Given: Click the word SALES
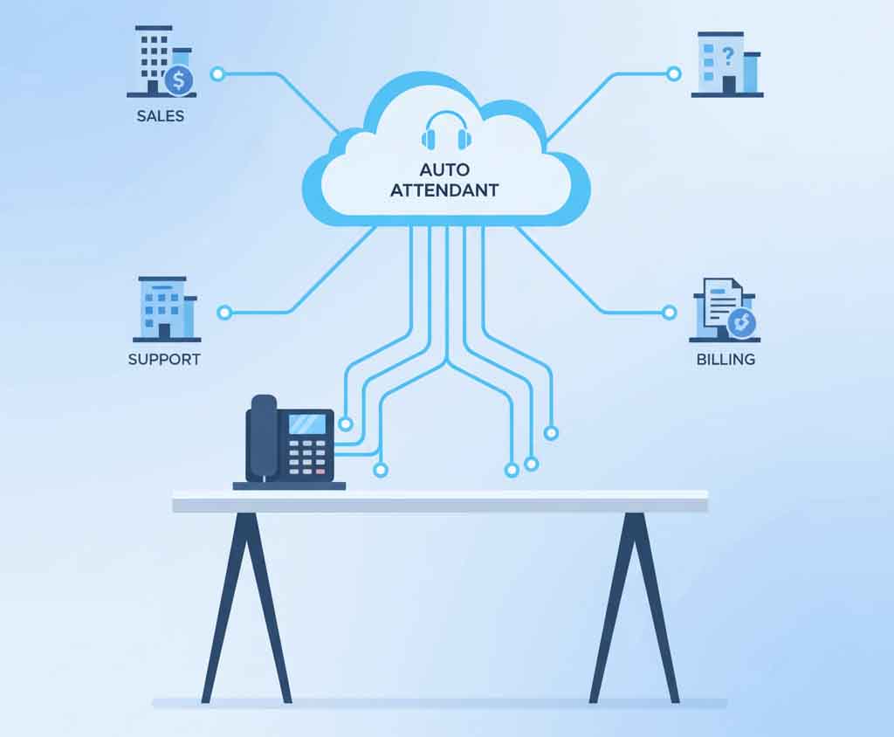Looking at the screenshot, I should pyautogui.click(x=160, y=115).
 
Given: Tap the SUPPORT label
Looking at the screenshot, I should pyautogui.click(x=164, y=359).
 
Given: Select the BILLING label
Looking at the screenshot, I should pyautogui.click(x=726, y=359).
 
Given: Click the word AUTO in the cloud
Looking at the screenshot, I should pyautogui.click(x=444, y=169).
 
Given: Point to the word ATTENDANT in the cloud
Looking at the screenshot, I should pyautogui.click(x=444, y=189).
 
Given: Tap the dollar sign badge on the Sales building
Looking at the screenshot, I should pyautogui.click(x=179, y=81).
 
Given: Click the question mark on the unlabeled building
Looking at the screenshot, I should pyautogui.click(x=727, y=55).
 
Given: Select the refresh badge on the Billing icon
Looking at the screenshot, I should pyautogui.click(x=742, y=323).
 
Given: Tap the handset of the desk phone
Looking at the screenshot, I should pyautogui.click(x=261, y=437).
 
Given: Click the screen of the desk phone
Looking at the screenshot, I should pyautogui.click(x=306, y=424).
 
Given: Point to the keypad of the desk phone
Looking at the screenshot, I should pyautogui.click(x=307, y=457).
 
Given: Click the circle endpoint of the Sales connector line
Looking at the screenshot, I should pyautogui.click(x=217, y=74).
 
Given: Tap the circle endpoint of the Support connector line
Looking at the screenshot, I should pyautogui.click(x=224, y=312).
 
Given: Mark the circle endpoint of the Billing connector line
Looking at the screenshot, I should pyautogui.click(x=669, y=312).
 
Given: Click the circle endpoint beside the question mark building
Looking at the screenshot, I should pyautogui.click(x=673, y=74).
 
